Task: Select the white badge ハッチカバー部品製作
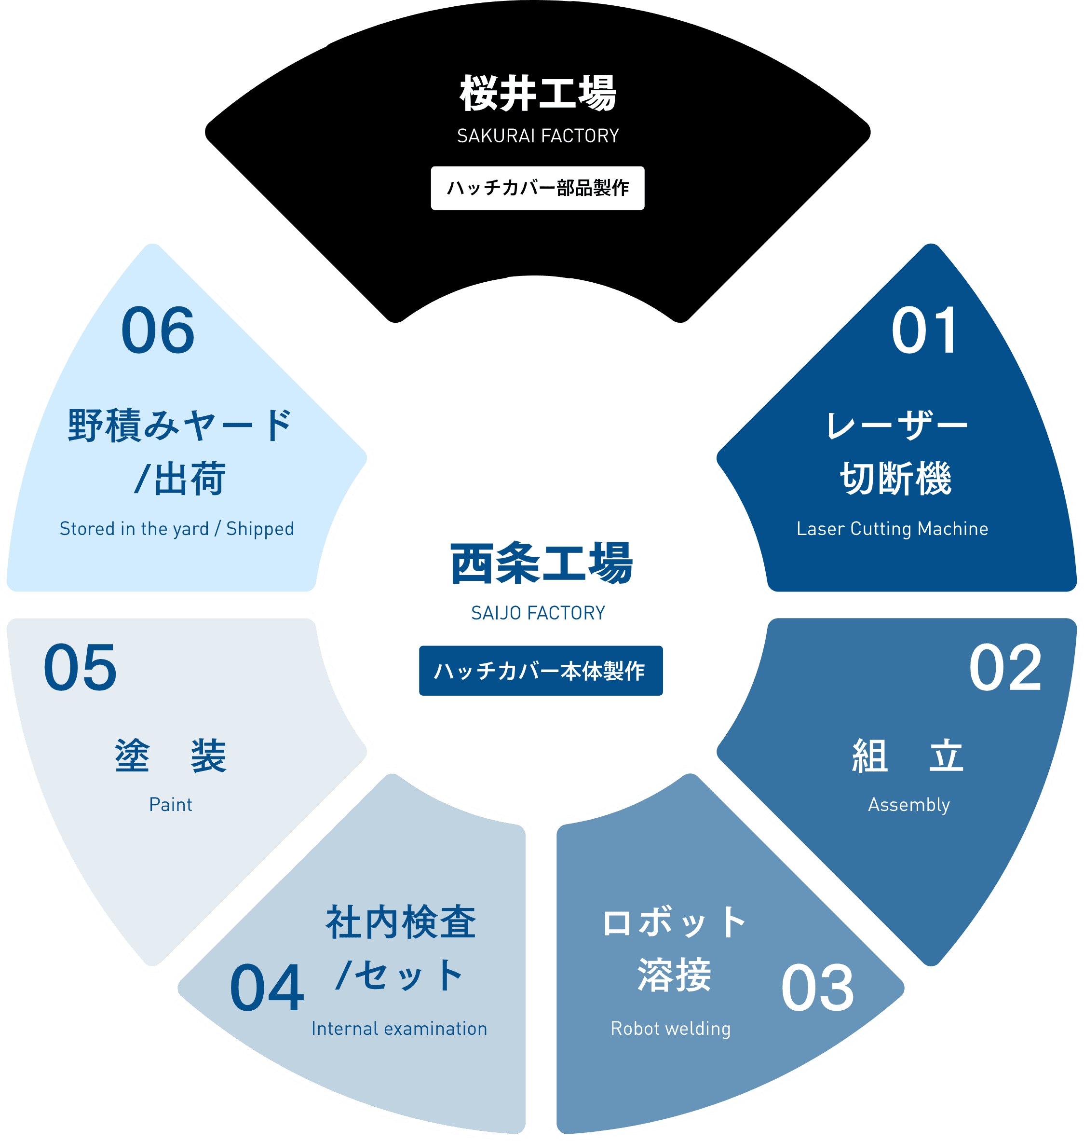[537, 188]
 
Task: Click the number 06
[158, 330]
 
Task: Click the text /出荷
[179, 479]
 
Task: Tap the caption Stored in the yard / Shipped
[177, 529]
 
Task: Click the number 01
[925, 330]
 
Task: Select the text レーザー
[896, 426]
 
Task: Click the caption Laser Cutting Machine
[892, 529]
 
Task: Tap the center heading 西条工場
[542, 564]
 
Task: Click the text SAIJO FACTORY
[538, 613]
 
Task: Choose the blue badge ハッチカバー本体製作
[541, 671]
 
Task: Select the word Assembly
[909, 805]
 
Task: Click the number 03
[818, 989]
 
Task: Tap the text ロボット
[674, 922]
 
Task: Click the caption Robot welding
[671, 1029]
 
